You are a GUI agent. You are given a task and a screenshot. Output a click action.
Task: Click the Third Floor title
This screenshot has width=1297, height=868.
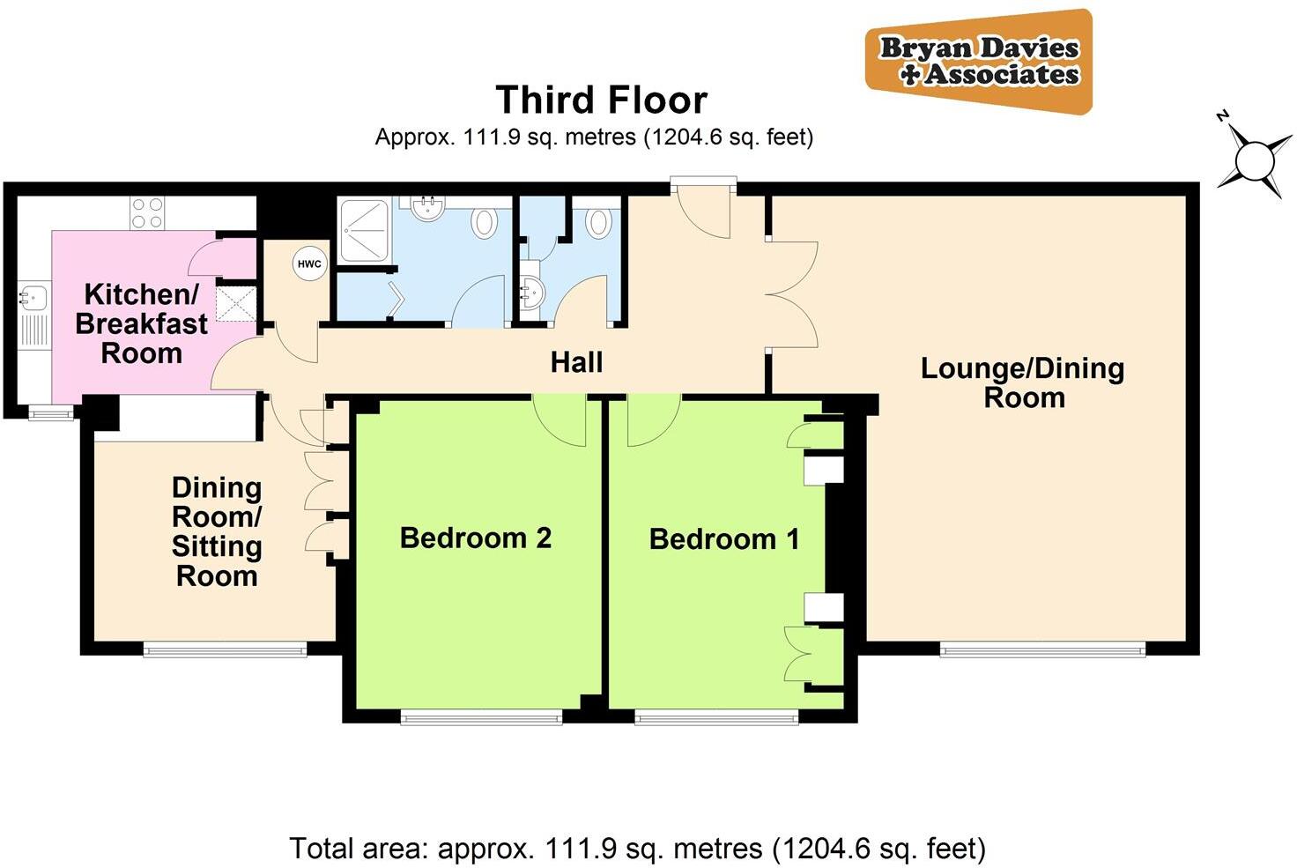click(x=601, y=100)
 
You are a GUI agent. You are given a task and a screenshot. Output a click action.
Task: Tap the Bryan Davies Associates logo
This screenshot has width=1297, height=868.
click(x=979, y=62)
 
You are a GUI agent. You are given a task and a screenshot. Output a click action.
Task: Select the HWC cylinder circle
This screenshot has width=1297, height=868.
click(x=309, y=264)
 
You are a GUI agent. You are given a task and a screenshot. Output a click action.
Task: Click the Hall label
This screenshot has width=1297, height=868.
click(x=576, y=362)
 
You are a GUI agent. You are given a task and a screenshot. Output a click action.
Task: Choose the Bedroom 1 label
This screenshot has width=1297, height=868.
click(x=724, y=538)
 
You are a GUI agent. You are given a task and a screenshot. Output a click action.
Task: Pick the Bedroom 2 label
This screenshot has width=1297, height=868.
click(x=475, y=538)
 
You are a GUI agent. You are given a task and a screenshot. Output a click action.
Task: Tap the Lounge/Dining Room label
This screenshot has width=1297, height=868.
click(x=1023, y=382)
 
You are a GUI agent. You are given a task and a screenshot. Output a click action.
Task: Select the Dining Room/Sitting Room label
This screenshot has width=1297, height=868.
click(x=217, y=531)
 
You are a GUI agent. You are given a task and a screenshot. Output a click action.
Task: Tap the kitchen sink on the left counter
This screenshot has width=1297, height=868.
click(x=33, y=297)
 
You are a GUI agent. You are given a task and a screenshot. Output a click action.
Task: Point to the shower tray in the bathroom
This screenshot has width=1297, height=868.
click(x=364, y=231)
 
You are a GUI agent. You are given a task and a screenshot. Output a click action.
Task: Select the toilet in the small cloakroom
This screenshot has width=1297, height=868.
click(x=598, y=222)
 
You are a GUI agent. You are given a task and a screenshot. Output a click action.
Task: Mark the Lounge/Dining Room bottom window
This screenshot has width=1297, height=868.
click(x=1042, y=650)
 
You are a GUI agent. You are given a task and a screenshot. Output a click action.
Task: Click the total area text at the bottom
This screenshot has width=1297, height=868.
click(x=637, y=849)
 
